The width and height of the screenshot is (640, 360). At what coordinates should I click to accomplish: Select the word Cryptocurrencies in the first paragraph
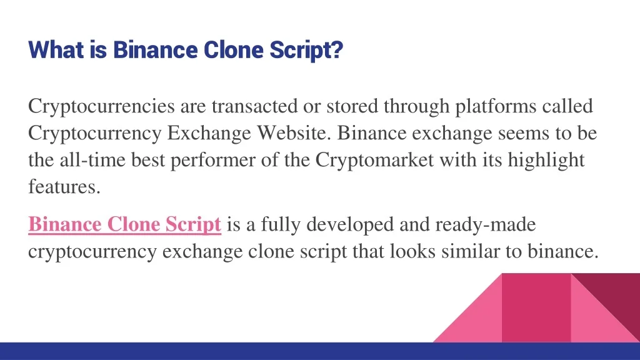pos(101,106)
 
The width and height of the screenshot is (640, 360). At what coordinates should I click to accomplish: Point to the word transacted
pos(254,106)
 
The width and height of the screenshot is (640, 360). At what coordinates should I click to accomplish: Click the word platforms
pos(496,106)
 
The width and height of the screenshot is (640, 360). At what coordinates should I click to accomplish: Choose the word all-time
pos(92,159)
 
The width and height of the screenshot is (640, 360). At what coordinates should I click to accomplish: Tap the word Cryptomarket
pos(374,161)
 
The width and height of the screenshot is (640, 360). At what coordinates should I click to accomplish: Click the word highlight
pos(546,161)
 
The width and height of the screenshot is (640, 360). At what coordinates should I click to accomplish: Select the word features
pos(64,186)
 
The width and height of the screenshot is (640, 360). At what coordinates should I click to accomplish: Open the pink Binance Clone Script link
pos(124,225)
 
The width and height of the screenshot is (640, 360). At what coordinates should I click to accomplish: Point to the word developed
pos(350,225)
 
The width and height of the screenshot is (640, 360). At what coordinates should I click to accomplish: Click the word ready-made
pos(485,225)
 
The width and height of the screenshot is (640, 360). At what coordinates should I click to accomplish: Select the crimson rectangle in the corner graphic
pos(536,307)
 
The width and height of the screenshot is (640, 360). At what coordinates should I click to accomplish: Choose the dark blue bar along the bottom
pos(320,351)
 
